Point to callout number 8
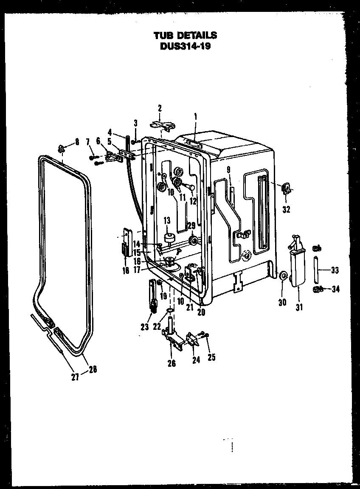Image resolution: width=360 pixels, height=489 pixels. (77, 142)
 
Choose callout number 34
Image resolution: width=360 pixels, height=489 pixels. (335, 289)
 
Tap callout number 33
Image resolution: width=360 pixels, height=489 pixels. (335, 270)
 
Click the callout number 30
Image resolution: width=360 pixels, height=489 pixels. (282, 302)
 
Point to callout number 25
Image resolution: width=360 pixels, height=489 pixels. (211, 357)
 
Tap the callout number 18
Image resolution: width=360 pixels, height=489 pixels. (125, 270)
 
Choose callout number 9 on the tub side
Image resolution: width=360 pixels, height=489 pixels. (228, 170)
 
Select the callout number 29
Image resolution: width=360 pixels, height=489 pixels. (191, 225)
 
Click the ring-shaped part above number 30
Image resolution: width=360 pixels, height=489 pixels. (283, 277)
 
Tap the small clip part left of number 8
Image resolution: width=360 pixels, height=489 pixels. (61, 148)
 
